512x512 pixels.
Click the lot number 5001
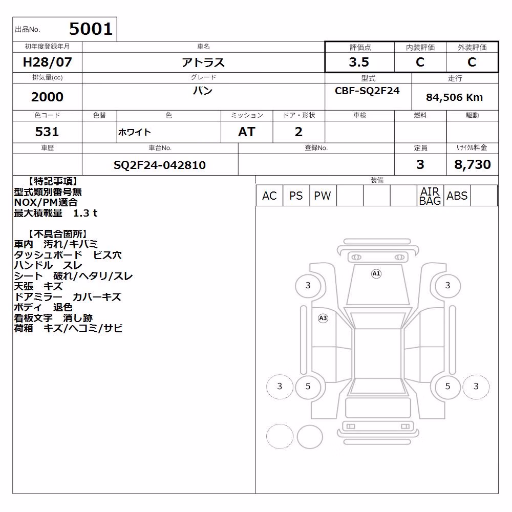tap(91, 29)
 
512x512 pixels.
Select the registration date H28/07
tap(47, 62)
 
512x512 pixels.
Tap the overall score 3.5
tap(359, 62)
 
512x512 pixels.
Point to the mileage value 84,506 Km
tap(454, 97)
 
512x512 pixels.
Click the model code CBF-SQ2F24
tap(367, 91)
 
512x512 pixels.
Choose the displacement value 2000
tap(47, 97)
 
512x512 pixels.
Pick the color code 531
tap(47, 132)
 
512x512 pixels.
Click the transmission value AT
tap(247, 132)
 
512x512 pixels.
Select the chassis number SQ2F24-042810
tap(160, 165)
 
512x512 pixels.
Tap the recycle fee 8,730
tap(473, 164)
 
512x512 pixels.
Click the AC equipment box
tap(269, 196)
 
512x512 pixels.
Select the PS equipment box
tap(296, 196)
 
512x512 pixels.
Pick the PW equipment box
tap(323, 196)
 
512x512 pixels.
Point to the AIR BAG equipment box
tap(430, 196)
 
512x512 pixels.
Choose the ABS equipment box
tap(457, 196)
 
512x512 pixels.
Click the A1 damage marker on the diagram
tap(376, 273)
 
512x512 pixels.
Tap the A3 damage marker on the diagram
tap(323, 318)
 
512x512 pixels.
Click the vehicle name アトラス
tap(203, 62)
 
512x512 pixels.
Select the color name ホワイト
tap(134, 132)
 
